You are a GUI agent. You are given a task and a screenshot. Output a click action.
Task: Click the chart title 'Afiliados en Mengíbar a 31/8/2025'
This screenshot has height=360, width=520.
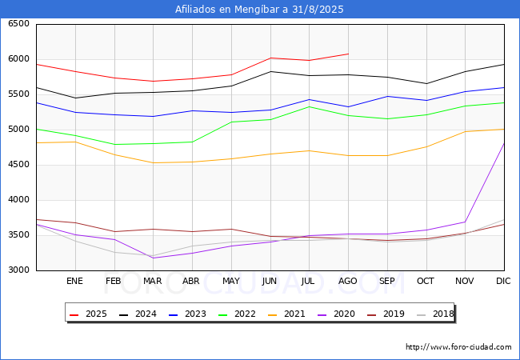(x=259, y=10)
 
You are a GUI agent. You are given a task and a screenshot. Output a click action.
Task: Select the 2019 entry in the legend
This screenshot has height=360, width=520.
(x=384, y=314)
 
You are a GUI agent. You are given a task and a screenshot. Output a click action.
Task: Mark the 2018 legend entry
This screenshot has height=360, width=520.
(x=432, y=314)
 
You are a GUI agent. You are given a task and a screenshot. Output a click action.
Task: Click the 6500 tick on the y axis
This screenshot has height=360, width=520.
(x=18, y=24)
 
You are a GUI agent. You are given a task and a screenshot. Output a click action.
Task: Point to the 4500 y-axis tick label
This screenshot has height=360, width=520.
(x=18, y=165)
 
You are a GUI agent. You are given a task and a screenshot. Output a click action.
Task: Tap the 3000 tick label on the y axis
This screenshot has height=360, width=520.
(x=18, y=270)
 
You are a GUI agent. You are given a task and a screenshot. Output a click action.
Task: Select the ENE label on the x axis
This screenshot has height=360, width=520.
(x=75, y=282)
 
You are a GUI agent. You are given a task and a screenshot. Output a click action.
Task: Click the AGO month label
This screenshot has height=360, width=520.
(x=348, y=282)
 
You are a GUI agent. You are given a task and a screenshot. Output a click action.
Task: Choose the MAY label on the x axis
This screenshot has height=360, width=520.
(x=231, y=282)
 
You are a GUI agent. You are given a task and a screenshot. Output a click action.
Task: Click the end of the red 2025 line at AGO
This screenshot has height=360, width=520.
(x=348, y=54)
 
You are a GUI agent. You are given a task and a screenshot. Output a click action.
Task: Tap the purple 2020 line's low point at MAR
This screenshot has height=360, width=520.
(x=153, y=258)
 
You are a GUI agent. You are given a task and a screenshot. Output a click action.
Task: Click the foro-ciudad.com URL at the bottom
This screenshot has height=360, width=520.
(x=458, y=347)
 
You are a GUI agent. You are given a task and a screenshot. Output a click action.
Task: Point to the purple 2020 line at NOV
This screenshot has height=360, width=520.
(x=465, y=222)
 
